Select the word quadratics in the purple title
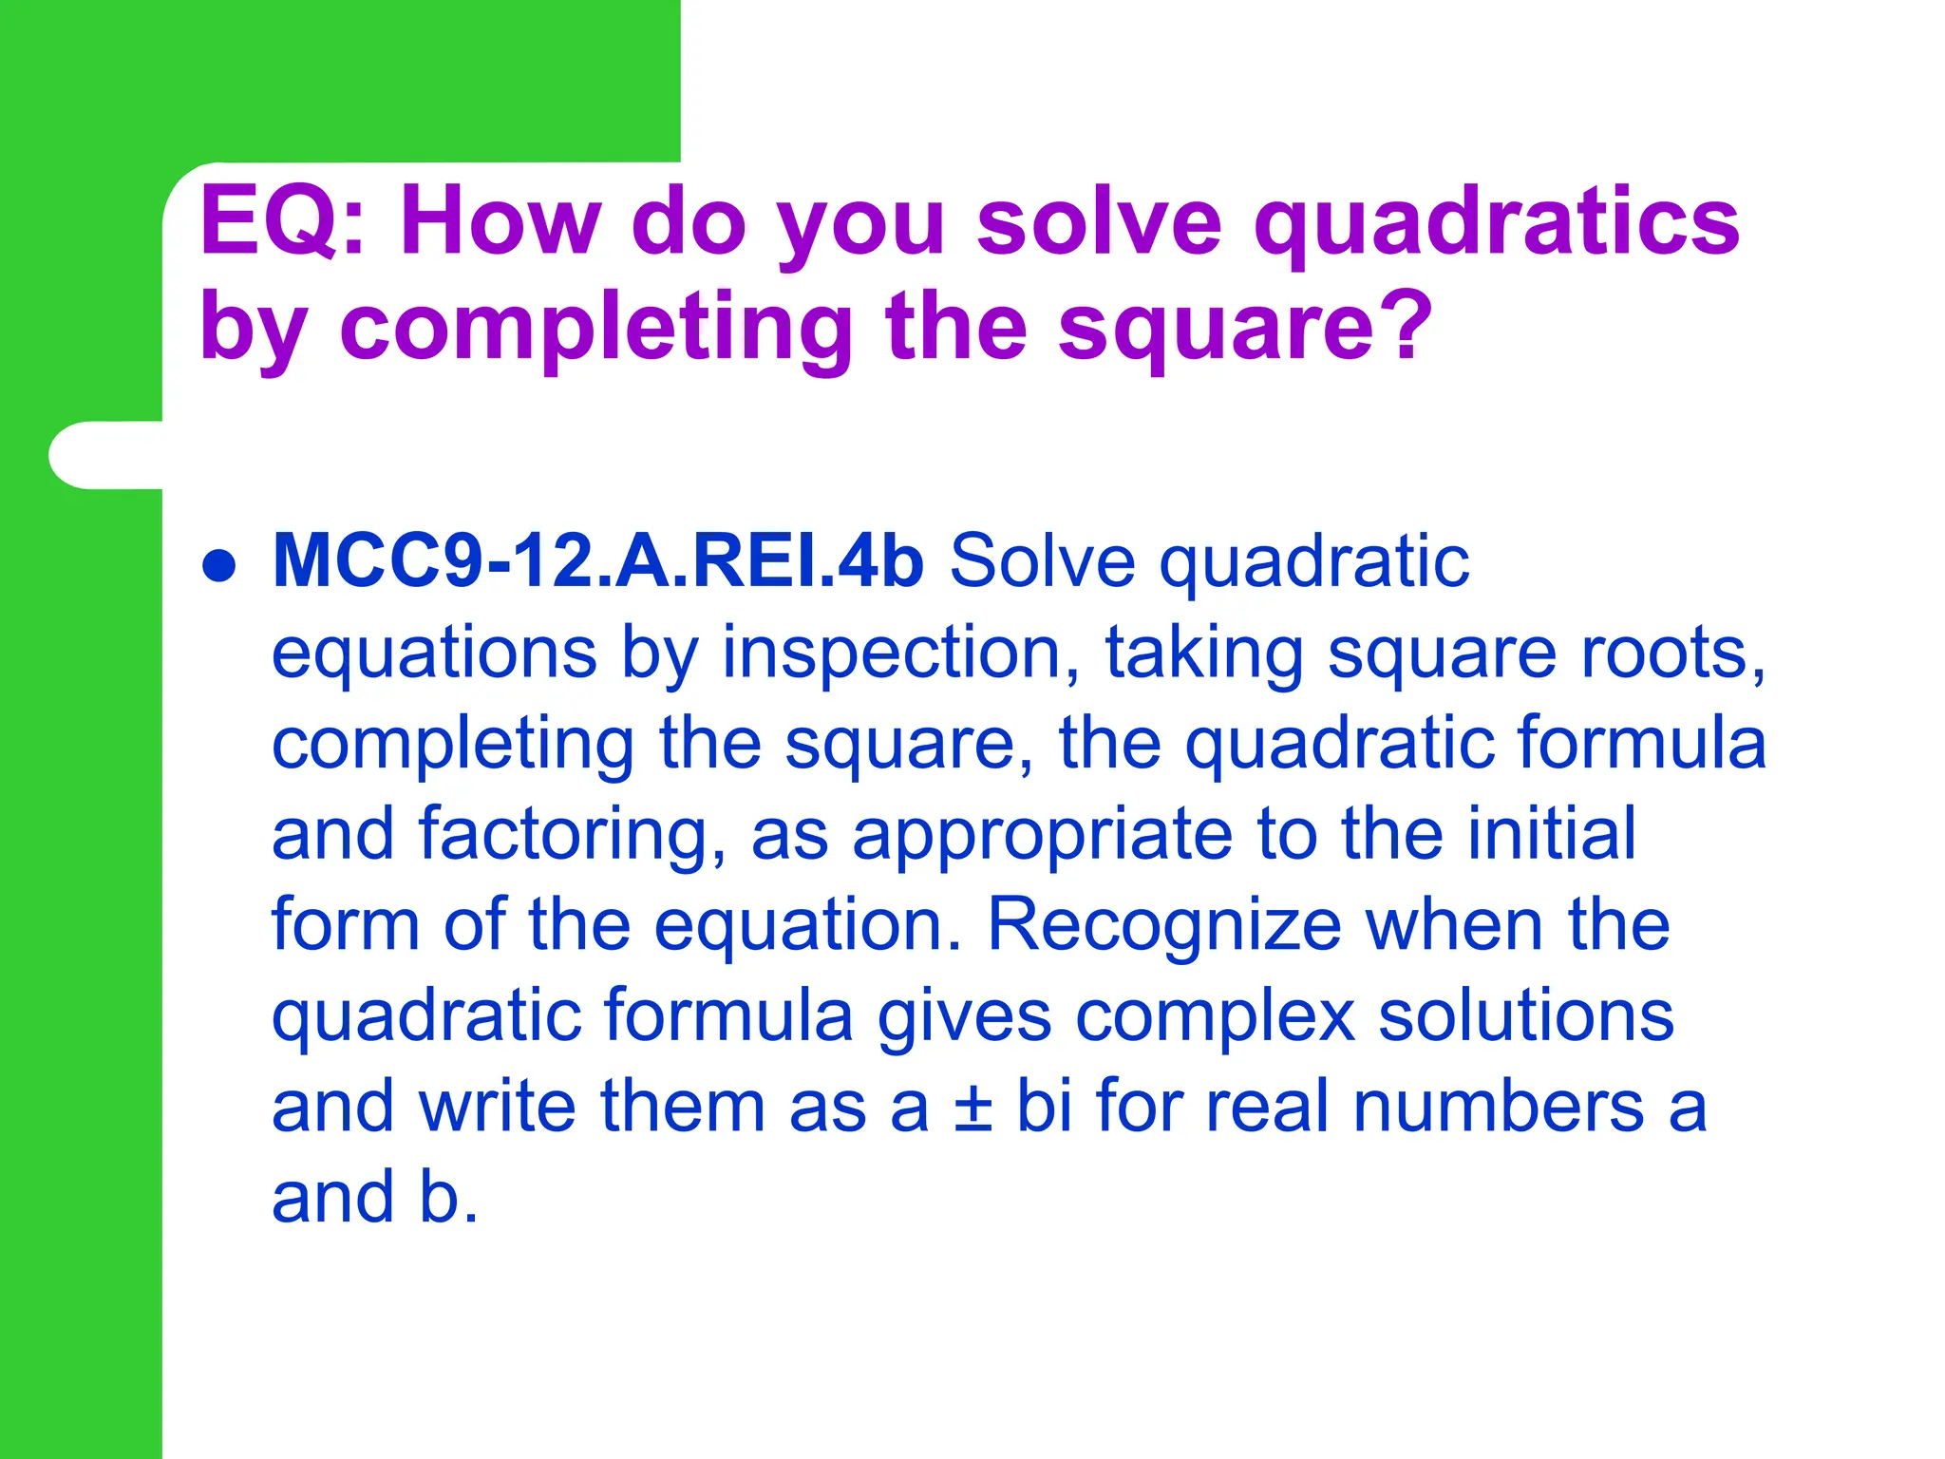(1497, 224)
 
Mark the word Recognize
(1163, 925)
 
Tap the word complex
(1215, 1017)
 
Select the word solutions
(1525, 1015)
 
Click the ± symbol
(972, 1108)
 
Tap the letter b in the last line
(439, 1197)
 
